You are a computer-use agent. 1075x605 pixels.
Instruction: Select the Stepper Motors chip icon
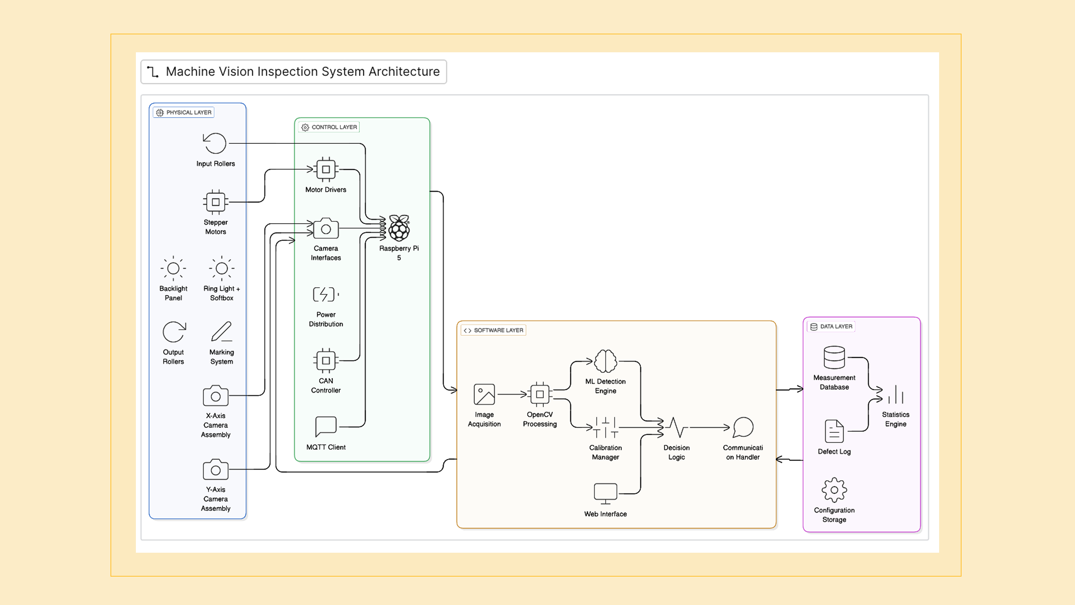[215, 202]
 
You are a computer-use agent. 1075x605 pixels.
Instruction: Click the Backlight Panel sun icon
[173, 268]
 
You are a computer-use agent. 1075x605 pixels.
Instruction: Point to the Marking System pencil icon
[221, 332]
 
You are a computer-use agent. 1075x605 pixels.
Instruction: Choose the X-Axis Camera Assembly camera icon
[215, 395]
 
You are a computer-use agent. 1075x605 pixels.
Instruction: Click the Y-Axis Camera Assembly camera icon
[215, 469]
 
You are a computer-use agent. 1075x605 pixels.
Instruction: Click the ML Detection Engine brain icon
[605, 361]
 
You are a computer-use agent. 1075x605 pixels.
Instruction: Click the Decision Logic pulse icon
[676, 427]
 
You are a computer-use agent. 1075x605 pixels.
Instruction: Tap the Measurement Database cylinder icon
[834, 357]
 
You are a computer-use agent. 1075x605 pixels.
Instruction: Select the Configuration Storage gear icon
[834, 490]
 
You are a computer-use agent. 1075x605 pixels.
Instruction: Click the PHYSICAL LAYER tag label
[184, 112]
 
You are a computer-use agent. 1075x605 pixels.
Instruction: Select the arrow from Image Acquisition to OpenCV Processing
[512, 394]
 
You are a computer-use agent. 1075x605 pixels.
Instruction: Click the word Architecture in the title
[403, 72]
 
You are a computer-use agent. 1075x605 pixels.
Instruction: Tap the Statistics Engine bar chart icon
[895, 395]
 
